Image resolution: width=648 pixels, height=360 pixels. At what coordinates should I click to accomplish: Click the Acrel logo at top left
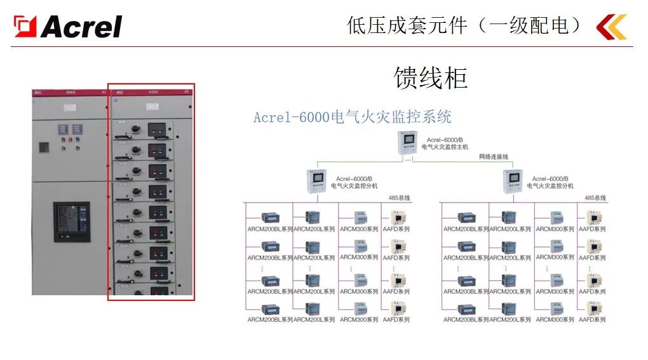point(68,26)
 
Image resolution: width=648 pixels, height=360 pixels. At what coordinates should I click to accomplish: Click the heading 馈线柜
point(431,78)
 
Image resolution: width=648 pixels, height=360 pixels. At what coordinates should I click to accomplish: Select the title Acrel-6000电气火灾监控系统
point(352,117)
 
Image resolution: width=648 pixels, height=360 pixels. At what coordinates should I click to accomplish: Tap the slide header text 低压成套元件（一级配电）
point(464,25)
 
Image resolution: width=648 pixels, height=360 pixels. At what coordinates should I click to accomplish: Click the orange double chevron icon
point(611,27)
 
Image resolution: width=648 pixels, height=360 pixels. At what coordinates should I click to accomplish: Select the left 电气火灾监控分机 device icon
point(316,182)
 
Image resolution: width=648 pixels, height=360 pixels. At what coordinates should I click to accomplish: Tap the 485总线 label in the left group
point(400,198)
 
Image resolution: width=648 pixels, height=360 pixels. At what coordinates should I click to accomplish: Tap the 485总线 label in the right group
point(596,198)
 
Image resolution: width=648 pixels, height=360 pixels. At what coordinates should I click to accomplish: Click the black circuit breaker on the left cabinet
point(71,222)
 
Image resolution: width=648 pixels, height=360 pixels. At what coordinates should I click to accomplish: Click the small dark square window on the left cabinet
point(44,147)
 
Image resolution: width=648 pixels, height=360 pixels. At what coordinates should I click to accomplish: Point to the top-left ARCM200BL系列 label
point(269,229)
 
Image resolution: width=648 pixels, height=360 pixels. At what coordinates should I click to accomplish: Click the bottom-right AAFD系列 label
point(591,319)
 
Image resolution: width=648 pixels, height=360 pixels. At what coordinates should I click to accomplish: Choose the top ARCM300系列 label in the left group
point(359,229)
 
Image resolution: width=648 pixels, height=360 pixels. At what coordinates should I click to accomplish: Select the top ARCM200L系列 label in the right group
point(510,229)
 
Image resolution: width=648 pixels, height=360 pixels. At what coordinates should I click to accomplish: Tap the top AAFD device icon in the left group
point(399,217)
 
